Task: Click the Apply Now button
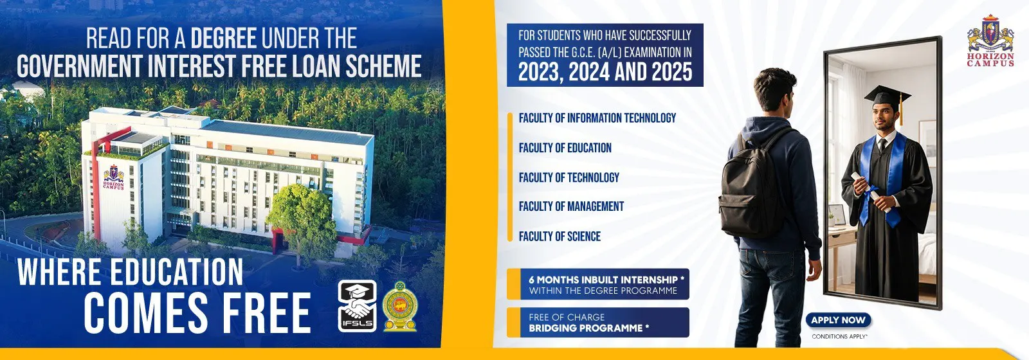point(839,320)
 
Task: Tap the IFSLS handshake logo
point(357,306)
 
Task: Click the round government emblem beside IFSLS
point(400,306)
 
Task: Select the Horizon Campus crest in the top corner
point(990,41)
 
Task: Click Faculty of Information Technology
point(597,118)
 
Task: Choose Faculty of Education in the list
point(565,148)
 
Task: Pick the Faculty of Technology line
point(569,177)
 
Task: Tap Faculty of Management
point(571,206)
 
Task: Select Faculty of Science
point(560,236)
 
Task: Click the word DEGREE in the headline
point(223,38)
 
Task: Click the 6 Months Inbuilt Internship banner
point(598,284)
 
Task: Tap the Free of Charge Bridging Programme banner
point(598,322)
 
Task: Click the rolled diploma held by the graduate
point(871,192)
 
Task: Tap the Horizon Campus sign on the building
point(113,177)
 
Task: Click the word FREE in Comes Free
point(267,312)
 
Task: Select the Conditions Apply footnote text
point(839,337)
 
